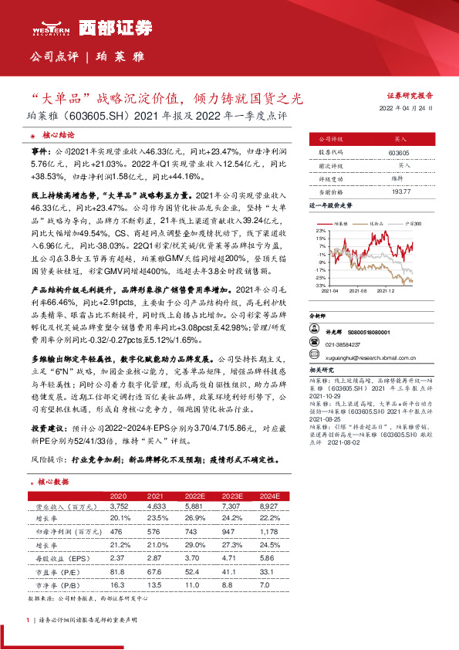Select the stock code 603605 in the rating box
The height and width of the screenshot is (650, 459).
(x=399, y=154)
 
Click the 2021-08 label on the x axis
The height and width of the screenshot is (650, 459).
(x=358, y=292)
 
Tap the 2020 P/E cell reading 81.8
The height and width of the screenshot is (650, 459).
(x=118, y=571)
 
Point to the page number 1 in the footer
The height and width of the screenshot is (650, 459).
(x=29, y=620)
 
